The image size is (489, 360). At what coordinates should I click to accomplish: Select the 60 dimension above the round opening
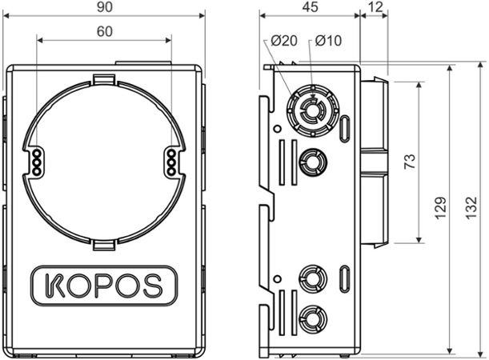(x=104, y=32)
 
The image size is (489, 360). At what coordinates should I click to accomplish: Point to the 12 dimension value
(x=375, y=7)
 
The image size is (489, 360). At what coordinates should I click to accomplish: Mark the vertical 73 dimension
(x=409, y=162)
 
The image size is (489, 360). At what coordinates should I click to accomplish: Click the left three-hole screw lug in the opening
(x=36, y=160)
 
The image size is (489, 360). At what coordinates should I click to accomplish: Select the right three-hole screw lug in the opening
(x=171, y=160)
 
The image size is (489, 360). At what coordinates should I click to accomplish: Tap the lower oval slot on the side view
(x=344, y=280)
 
